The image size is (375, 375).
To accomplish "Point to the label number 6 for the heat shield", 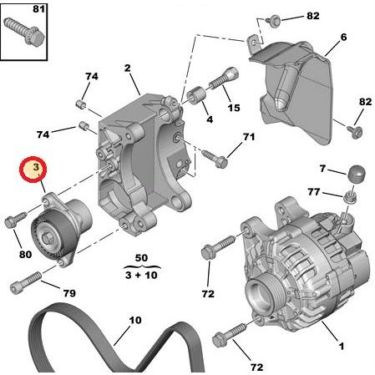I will (x=343, y=38).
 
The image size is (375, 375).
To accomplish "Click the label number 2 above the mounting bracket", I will (x=129, y=68).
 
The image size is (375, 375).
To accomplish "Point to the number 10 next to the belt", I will (x=134, y=320).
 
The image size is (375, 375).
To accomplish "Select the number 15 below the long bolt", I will (x=233, y=108).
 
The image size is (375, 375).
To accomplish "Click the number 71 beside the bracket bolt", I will (x=248, y=137).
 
